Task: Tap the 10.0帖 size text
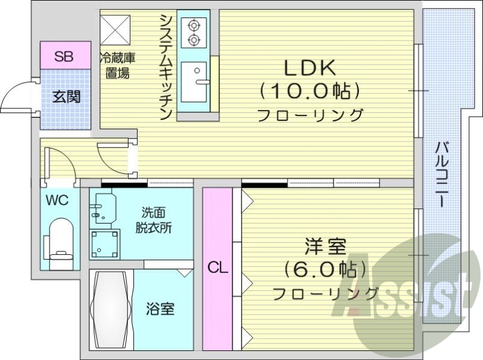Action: [x=310, y=91]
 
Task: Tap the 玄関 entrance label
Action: [x=65, y=97]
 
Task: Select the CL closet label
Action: [x=217, y=268]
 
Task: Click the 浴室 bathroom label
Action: [x=161, y=309]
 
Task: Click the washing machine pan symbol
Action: [x=105, y=243]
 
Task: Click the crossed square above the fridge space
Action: [x=116, y=28]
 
